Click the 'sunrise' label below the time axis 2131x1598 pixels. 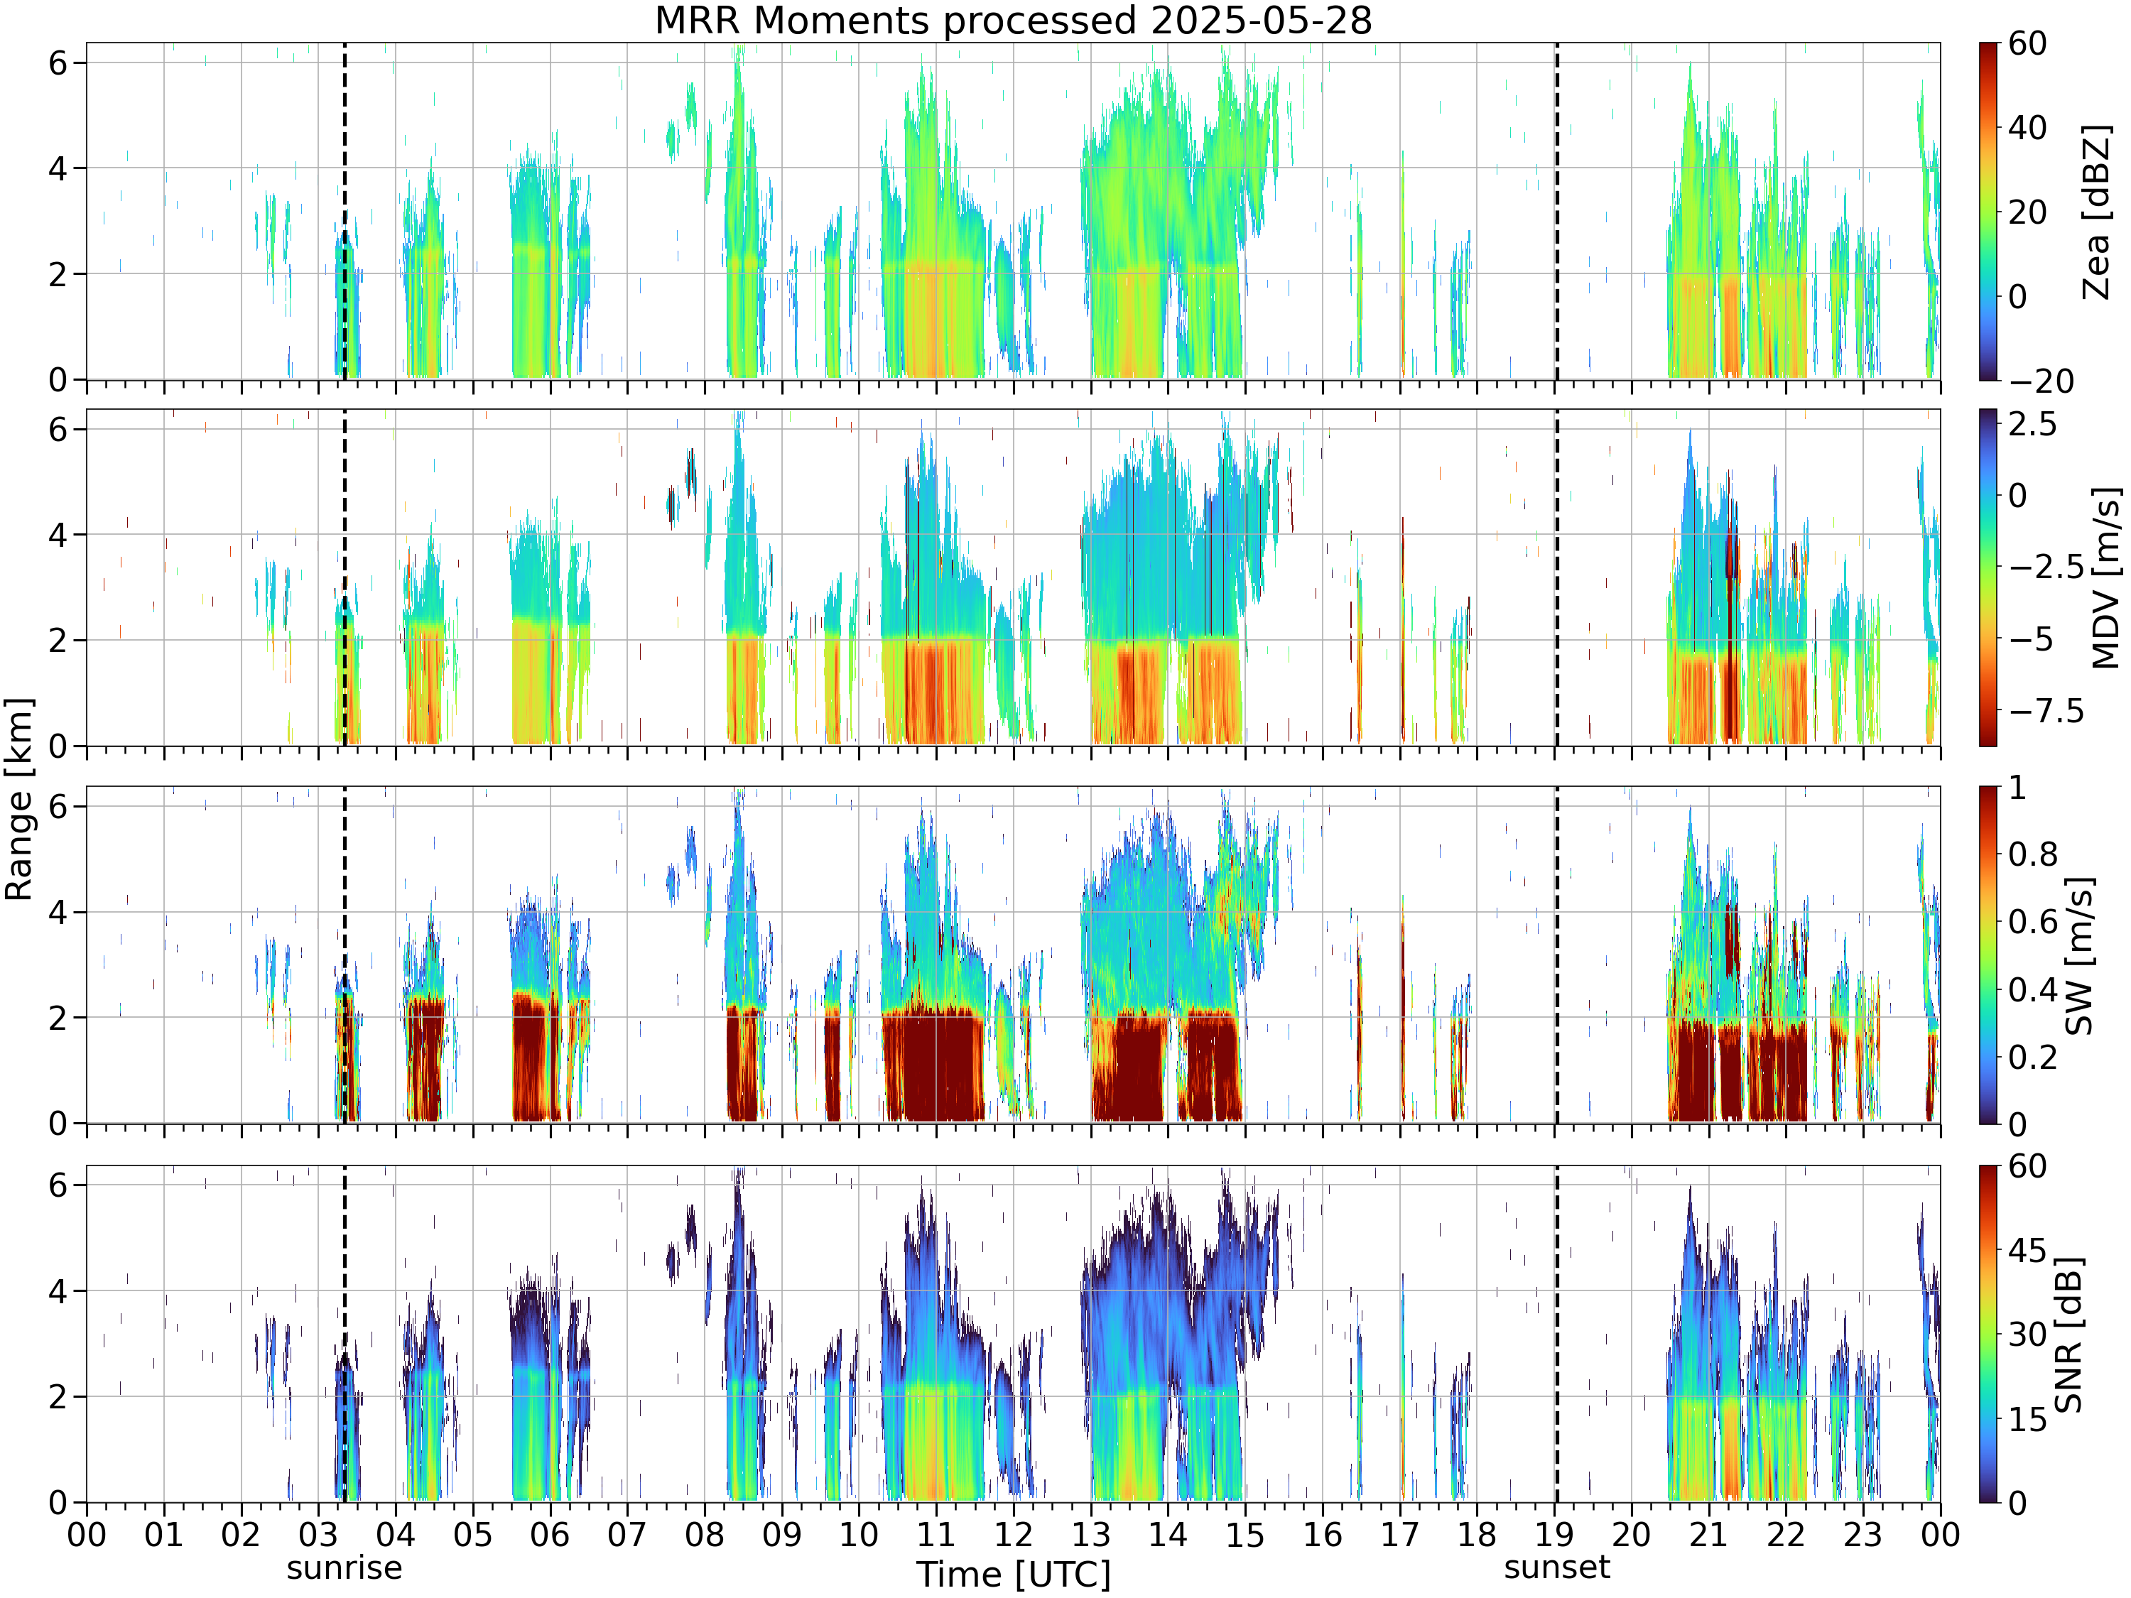click(x=344, y=1567)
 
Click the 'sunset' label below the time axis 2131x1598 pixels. click(x=1557, y=1567)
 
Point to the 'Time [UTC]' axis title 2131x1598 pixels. click(x=1014, y=1575)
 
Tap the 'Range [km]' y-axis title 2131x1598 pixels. click(x=19, y=800)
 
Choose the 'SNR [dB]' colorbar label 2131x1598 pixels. click(x=2069, y=1334)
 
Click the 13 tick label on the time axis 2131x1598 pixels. click(x=1090, y=1534)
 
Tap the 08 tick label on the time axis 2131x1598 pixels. click(x=704, y=1534)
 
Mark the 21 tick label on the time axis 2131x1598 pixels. click(x=1708, y=1534)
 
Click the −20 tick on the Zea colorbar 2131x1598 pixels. click(x=2041, y=381)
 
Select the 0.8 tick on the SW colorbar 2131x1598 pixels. click(x=2033, y=854)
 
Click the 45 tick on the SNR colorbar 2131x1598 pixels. click(x=2027, y=1250)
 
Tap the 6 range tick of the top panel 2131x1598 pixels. click(x=59, y=62)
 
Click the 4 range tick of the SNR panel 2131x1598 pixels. click(x=59, y=1290)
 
